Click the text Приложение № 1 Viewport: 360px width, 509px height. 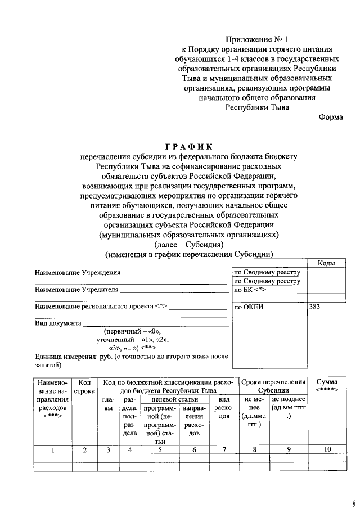click(256, 39)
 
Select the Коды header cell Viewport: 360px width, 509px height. click(326, 263)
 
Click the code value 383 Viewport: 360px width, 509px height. click(316, 308)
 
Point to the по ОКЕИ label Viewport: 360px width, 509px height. click(249, 308)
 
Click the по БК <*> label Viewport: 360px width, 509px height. click(250, 290)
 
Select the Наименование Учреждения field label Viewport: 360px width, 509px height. click(78, 273)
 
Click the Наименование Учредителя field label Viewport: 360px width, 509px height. click(76, 290)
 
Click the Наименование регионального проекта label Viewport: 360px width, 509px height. click(101, 307)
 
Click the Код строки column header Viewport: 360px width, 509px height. click(85, 386)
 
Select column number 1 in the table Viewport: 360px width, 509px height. click(53, 449)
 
